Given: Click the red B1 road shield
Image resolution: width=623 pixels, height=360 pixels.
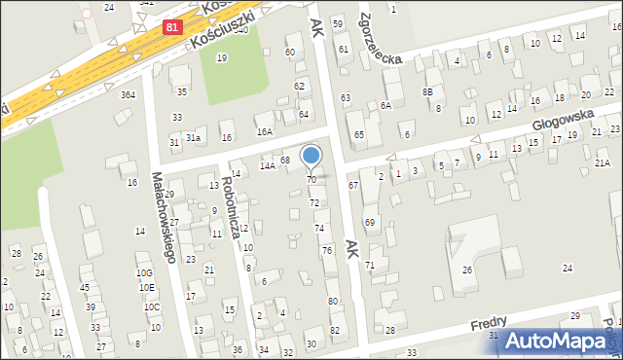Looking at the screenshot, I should (x=172, y=28).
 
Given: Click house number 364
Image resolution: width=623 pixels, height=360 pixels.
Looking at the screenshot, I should (x=128, y=94).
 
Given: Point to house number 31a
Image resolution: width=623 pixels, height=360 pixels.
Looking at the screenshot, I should (x=194, y=138).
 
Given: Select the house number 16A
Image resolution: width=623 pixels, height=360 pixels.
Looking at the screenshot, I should (x=264, y=131).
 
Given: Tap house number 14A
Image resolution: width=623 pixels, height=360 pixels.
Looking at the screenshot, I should (x=267, y=166).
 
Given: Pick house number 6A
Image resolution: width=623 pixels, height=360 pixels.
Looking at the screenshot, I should (x=385, y=105).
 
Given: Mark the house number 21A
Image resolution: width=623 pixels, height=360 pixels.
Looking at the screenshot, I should (x=603, y=163).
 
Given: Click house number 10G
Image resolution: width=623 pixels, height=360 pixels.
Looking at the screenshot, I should (x=144, y=273).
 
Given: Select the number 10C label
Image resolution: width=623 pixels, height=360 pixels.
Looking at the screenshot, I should (x=152, y=306).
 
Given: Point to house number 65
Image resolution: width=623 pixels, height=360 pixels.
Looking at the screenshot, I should (x=359, y=134).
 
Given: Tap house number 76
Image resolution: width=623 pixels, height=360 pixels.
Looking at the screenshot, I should (x=328, y=251).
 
